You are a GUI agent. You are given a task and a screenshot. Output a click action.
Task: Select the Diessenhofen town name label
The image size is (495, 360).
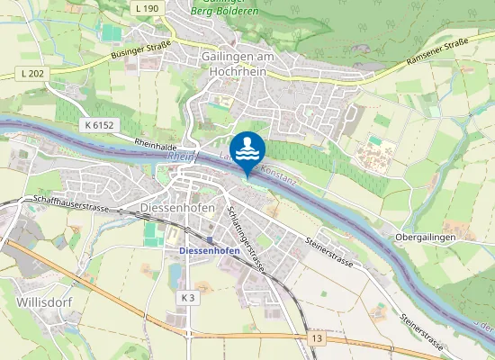178,207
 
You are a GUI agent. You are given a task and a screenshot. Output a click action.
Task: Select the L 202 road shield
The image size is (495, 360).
32,73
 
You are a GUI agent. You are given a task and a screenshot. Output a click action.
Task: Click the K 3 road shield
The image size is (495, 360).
186,297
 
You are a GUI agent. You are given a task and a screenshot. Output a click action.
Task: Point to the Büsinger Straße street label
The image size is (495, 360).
140,54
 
